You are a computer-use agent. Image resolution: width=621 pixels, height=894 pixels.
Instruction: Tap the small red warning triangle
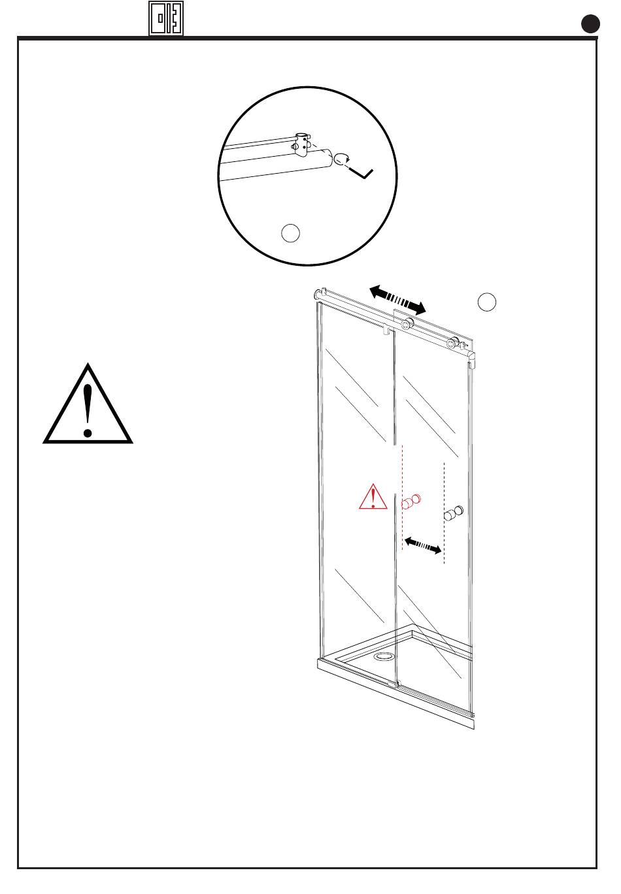[373, 498]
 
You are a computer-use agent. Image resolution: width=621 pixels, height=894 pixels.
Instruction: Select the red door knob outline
[411, 502]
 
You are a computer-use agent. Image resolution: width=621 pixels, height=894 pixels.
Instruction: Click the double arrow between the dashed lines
[423, 545]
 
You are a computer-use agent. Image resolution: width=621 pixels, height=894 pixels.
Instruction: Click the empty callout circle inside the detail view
[290, 232]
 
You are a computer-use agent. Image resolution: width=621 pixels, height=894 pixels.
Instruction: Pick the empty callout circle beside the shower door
[486, 302]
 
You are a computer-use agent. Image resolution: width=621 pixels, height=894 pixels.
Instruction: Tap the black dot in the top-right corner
[591, 25]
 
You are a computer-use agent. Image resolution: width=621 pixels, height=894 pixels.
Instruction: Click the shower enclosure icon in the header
[165, 18]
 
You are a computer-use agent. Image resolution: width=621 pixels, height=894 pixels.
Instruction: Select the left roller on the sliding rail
[407, 324]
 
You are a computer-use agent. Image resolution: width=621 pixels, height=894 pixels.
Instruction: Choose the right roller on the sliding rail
[450, 342]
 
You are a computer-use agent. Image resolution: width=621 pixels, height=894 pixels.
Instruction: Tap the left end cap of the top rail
[320, 295]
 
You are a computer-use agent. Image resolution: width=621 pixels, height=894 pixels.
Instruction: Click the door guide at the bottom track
[393, 683]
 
